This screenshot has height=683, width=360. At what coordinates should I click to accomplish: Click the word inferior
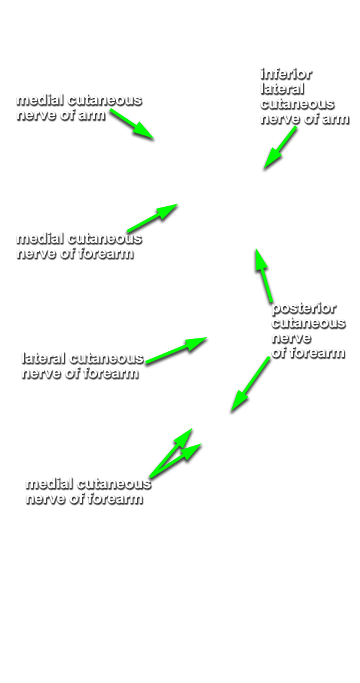286,75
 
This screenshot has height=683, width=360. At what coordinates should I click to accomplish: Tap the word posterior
304,309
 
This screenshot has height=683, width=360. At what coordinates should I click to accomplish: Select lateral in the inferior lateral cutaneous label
282,89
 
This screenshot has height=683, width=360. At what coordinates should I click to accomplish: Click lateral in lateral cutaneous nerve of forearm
43,358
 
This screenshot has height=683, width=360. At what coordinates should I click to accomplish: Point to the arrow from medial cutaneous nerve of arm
132,124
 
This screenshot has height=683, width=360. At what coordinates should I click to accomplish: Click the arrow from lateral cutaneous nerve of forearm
176,350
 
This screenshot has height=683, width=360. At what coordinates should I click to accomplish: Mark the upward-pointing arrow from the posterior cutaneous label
263,275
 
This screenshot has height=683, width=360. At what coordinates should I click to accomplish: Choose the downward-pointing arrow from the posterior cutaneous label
250,384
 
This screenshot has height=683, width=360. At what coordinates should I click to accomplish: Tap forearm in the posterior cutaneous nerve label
316,353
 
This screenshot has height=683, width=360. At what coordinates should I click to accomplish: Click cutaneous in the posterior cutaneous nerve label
308,323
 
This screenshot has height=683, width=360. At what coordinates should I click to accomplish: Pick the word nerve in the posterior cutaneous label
290,338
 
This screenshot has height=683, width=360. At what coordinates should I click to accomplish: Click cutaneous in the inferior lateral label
297,104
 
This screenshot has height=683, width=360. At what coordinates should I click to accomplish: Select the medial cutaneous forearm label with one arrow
79,246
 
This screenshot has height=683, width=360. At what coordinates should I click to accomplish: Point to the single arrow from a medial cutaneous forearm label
152,218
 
